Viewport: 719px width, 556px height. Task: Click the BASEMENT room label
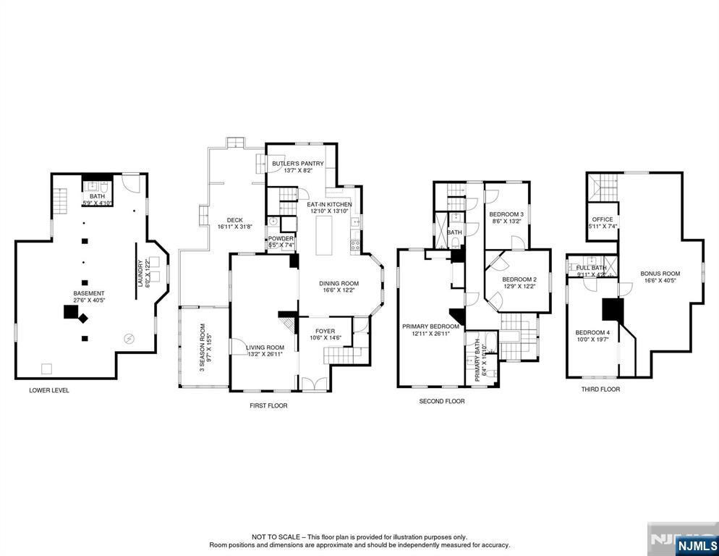pos(89,294)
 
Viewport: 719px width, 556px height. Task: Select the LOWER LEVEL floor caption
pos(49,390)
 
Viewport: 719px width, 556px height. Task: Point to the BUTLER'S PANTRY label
pos(297,164)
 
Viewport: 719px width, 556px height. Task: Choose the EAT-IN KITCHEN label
pos(330,205)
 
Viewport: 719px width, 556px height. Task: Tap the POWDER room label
pos(281,239)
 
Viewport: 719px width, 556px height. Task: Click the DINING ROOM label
pos(339,284)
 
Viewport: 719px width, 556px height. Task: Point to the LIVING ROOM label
pos(265,347)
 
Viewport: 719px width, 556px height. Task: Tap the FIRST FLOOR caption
pos(268,405)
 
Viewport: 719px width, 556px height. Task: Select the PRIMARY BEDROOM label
pos(430,327)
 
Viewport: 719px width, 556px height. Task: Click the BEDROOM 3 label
pos(506,215)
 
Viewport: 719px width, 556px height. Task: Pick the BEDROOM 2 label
pos(519,279)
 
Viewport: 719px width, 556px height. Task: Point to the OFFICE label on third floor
pos(602,219)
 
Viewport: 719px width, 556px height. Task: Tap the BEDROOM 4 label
pos(592,333)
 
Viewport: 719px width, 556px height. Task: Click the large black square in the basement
pos(70,312)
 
